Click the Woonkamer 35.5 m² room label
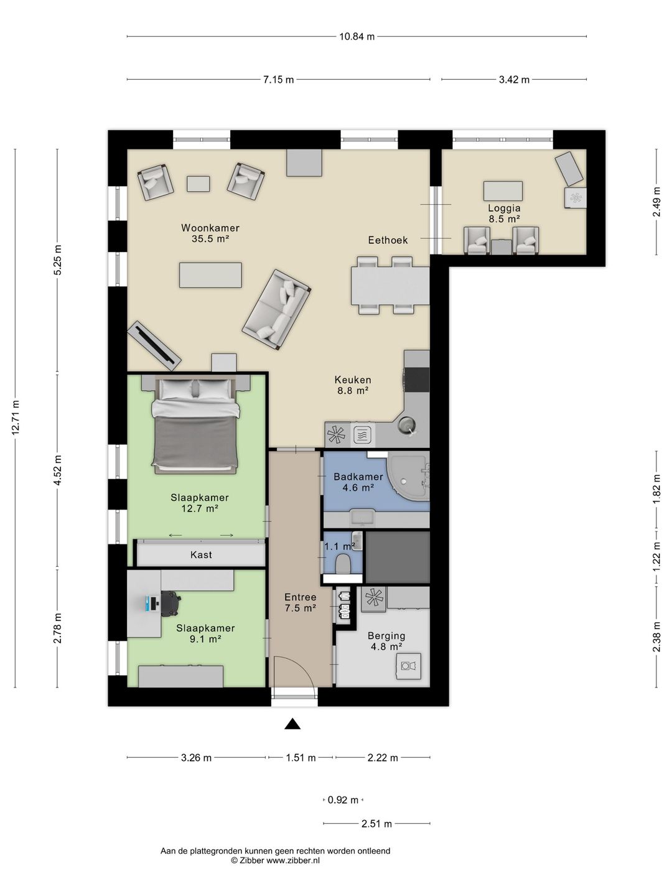click(210, 233)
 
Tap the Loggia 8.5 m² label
click(504, 213)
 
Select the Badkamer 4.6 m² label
click(358, 482)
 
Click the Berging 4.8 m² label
click(386, 641)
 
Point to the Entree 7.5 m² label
click(300, 602)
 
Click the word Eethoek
click(388, 240)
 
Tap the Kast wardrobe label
click(201, 554)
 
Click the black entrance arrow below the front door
click(292, 724)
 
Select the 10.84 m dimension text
click(357, 36)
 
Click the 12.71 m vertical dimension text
click(16, 418)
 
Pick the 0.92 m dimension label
click(343, 800)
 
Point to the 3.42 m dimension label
click(514, 80)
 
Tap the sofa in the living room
click(276, 309)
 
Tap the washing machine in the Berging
click(408, 666)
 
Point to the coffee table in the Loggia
click(503, 190)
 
